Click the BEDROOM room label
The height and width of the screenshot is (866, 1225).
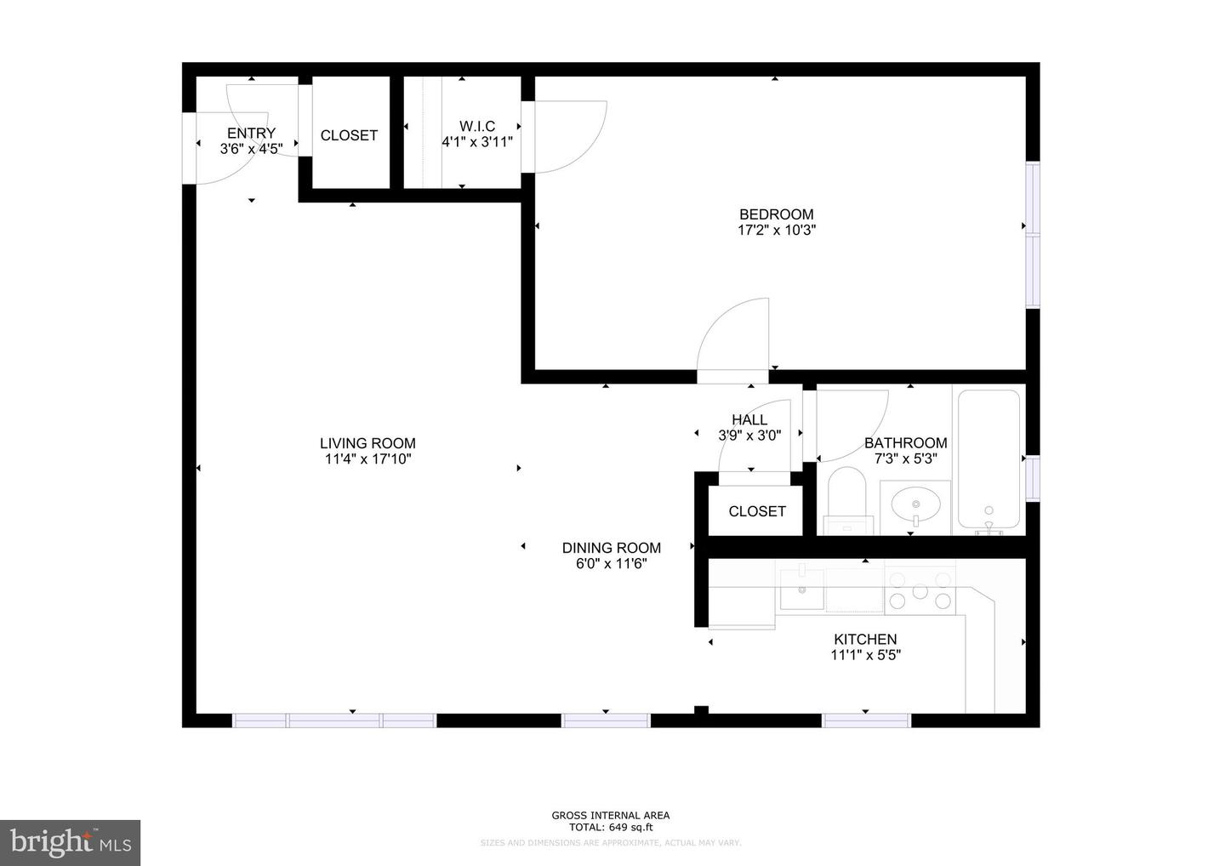point(776,214)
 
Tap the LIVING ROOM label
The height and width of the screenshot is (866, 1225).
point(367,443)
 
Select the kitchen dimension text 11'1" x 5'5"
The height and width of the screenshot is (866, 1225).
point(865,655)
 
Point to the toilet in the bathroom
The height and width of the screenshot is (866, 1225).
point(846,502)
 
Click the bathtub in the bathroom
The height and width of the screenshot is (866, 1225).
point(989,459)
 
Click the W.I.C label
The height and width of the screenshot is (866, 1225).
point(477,126)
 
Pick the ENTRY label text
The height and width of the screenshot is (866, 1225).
point(251,133)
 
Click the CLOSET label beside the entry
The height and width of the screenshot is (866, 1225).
point(349,135)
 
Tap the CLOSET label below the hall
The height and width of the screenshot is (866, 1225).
point(757,511)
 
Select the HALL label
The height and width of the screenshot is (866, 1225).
point(749,419)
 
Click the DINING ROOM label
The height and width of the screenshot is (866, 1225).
point(611,548)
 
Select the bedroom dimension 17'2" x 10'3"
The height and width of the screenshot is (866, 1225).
point(776,230)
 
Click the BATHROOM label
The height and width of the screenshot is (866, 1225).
point(905,442)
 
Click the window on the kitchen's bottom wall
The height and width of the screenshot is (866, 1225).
point(866,721)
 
